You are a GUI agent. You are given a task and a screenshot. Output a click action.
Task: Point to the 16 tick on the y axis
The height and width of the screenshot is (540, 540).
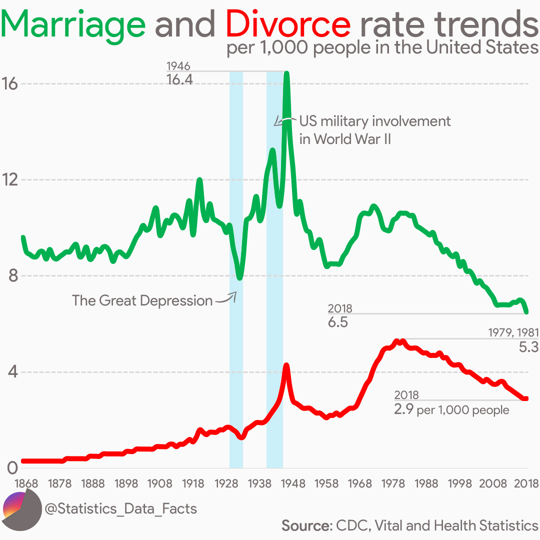pyautogui.click(x=10, y=84)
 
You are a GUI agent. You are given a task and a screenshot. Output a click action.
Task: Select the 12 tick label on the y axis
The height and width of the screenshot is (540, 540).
pyautogui.click(x=10, y=180)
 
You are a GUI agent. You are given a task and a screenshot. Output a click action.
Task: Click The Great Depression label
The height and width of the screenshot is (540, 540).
pyautogui.click(x=142, y=300)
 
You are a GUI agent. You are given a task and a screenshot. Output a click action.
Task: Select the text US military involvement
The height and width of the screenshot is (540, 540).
pyautogui.click(x=374, y=121)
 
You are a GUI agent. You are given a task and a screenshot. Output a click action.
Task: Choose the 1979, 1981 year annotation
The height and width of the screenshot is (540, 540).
pyautogui.click(x=513, y=332)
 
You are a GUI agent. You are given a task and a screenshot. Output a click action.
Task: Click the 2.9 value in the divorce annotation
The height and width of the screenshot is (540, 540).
pyautogui.click(x=403, y=410)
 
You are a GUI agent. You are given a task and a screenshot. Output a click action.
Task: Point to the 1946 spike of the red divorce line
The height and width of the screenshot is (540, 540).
pyautogui.click(x=286, y=366)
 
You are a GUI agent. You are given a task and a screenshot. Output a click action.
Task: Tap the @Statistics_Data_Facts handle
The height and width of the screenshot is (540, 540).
pyautogui.click(x=120, y=509)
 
